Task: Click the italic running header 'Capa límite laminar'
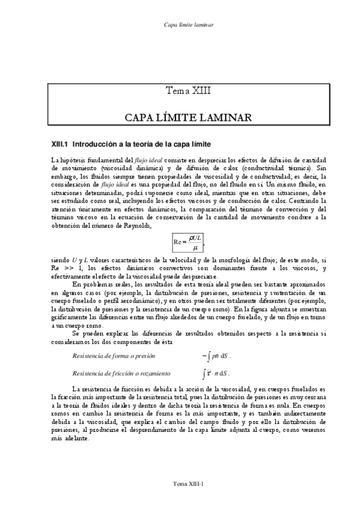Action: coord(189,25)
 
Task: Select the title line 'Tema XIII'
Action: coord(189,91)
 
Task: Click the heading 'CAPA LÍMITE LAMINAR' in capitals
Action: coord(189,116)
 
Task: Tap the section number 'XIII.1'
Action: coord(60,144)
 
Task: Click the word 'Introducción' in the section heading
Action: coord(96,144)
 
